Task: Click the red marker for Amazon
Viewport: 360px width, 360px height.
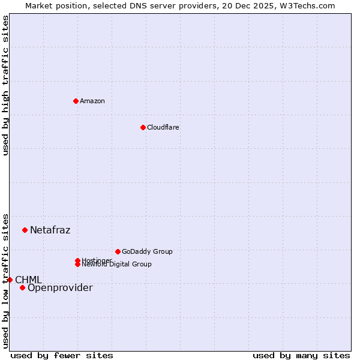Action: (76, 101)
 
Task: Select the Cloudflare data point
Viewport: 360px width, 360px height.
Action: (143, 127)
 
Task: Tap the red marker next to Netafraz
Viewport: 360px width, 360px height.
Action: (25, 230)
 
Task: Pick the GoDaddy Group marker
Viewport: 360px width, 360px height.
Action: (118, 251)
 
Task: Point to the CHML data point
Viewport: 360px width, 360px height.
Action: (10, 280)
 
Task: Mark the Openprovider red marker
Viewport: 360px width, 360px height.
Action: (22, 287)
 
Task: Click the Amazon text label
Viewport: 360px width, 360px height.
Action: (92, 101)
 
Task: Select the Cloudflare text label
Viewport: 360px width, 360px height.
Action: (163, 127)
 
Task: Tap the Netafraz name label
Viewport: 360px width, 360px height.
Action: (50, 230)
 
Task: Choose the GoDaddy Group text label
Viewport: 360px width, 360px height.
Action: (147, 251)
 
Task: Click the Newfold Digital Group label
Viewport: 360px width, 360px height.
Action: (117, 265)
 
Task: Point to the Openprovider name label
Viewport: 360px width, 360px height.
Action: (60, 288)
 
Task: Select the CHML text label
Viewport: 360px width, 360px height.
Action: (28, 280)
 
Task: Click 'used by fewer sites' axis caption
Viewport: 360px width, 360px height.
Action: (62, 356)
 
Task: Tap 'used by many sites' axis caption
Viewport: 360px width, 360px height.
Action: (301, 356)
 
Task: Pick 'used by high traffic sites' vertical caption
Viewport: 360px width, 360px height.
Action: (5, 85)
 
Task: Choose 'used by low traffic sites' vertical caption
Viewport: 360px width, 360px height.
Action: (5, 280)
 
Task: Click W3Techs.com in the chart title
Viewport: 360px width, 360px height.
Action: (306, 5)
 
